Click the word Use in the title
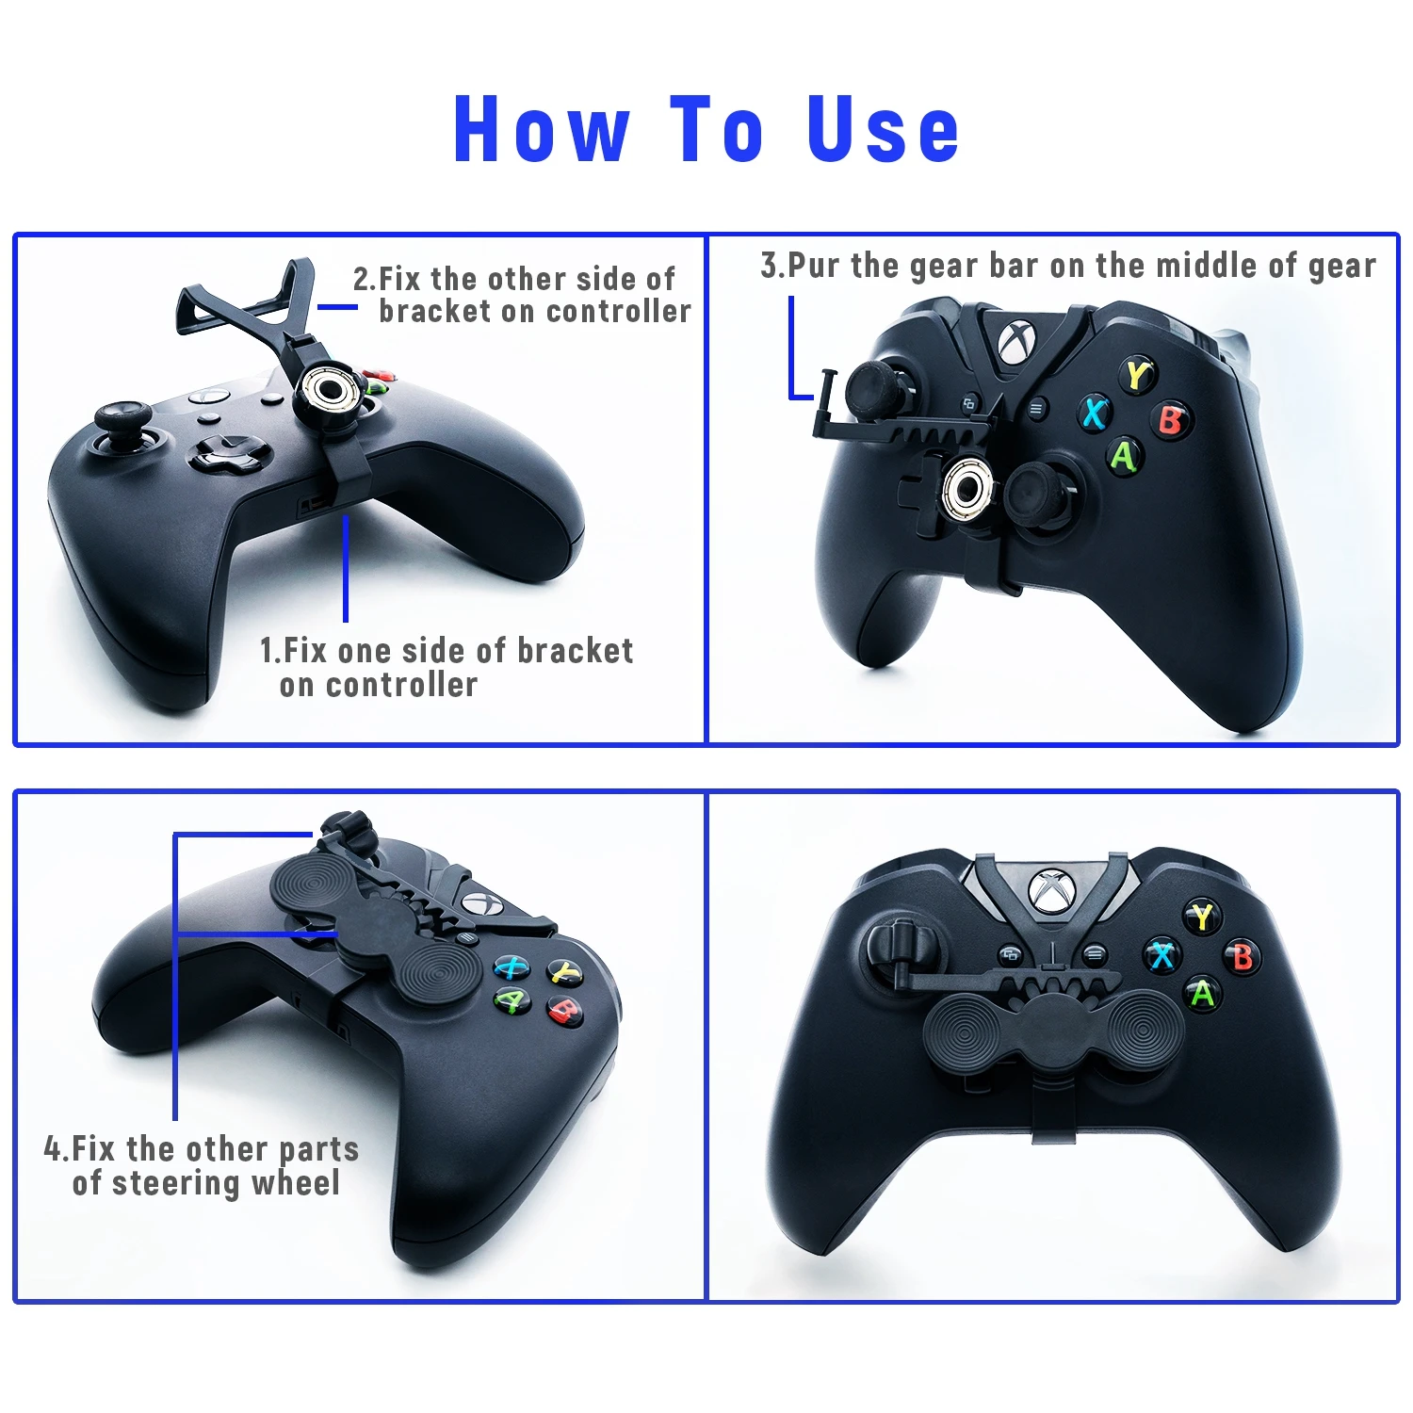[x=883, y=129]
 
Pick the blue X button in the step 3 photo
[x=1095, y=413]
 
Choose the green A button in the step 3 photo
[x=1124, y=456]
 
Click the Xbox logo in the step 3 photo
[x=1015, y=343]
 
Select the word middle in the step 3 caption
[x=1209, y=266]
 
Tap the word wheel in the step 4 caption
[x=296, y=1183]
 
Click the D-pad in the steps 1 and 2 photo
[x=226, y=452]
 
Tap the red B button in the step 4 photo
[x=565, y=1011]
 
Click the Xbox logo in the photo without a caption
[x=1048, y=890]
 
